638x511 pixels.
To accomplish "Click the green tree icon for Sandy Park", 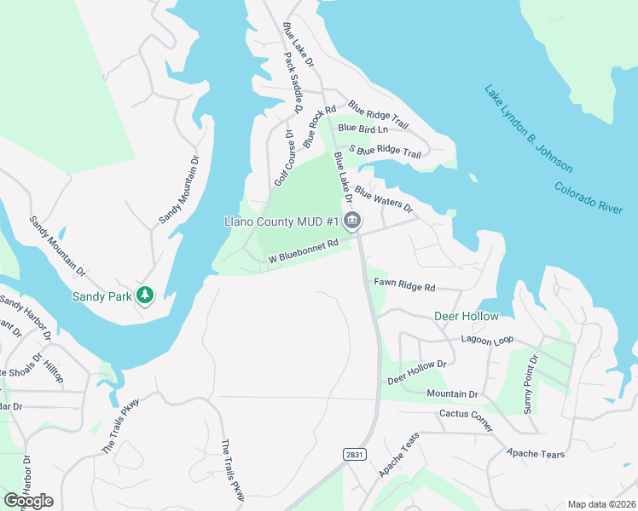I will coord(145,295).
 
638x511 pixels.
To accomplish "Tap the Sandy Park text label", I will coord(101,296).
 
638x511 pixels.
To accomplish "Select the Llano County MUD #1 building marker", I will coord(352,222).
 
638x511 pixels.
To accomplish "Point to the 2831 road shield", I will coord(356,455).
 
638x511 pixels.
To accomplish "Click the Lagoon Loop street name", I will coord(487,339).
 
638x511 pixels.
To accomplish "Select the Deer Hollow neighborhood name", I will coord(466,316).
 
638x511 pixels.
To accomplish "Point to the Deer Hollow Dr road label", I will coord(417,370).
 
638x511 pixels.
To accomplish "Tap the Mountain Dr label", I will coord(452,394).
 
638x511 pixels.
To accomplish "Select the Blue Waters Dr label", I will coord(384,199).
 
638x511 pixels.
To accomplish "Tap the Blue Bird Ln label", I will coord(362,129).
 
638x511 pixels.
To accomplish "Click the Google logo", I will coord(28,501).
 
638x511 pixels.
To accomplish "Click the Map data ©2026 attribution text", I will coord(600,504).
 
